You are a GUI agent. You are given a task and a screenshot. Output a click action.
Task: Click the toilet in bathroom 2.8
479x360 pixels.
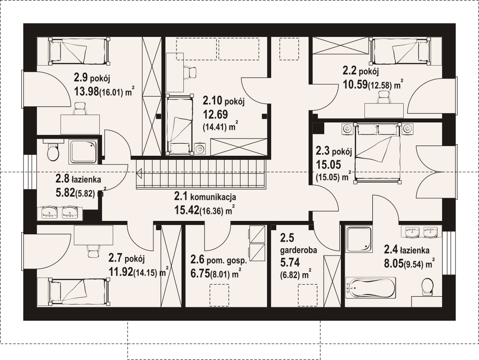[53, 151]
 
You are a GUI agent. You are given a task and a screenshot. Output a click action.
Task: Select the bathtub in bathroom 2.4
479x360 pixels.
[370, 287]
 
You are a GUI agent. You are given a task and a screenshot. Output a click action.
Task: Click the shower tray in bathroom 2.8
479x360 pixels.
[84, 151]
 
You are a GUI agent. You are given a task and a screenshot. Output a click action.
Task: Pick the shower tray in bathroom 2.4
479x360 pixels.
[358, 239]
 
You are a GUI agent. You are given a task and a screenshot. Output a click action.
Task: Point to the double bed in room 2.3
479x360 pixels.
[377, 153]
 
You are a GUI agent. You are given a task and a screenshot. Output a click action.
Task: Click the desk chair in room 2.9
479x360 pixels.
[80, 108]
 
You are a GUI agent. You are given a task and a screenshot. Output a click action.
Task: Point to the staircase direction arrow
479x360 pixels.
[139, 173]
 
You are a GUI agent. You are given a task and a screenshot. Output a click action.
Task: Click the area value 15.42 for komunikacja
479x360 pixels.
[187, 210]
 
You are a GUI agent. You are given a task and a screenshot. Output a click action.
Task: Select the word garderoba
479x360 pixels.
[298, 250]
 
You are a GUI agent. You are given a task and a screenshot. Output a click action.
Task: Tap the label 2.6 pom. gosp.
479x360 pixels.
[218, 260]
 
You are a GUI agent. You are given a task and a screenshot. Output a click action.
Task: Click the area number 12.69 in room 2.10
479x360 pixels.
[216, 114]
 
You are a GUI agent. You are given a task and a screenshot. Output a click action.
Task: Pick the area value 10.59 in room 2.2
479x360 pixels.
[355, 84]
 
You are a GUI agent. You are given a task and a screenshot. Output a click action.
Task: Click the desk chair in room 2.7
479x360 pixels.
[93, 251]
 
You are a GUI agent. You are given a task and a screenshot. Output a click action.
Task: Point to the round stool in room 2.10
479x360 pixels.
[201, 149]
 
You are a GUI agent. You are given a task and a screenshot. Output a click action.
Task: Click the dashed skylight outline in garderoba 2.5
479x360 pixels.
[308, 295]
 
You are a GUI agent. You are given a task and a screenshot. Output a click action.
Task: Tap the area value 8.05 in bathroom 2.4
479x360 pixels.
[394, 263]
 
